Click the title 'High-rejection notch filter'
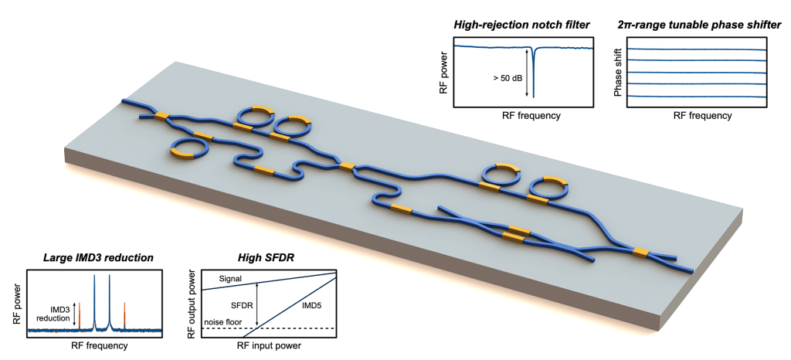pos(524,25)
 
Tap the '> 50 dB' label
pos(508,76)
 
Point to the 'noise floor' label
pos(223,321)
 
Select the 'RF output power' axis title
pos(192,302)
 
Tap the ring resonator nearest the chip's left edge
pos(186,148)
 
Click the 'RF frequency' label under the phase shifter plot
pos(701,116)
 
